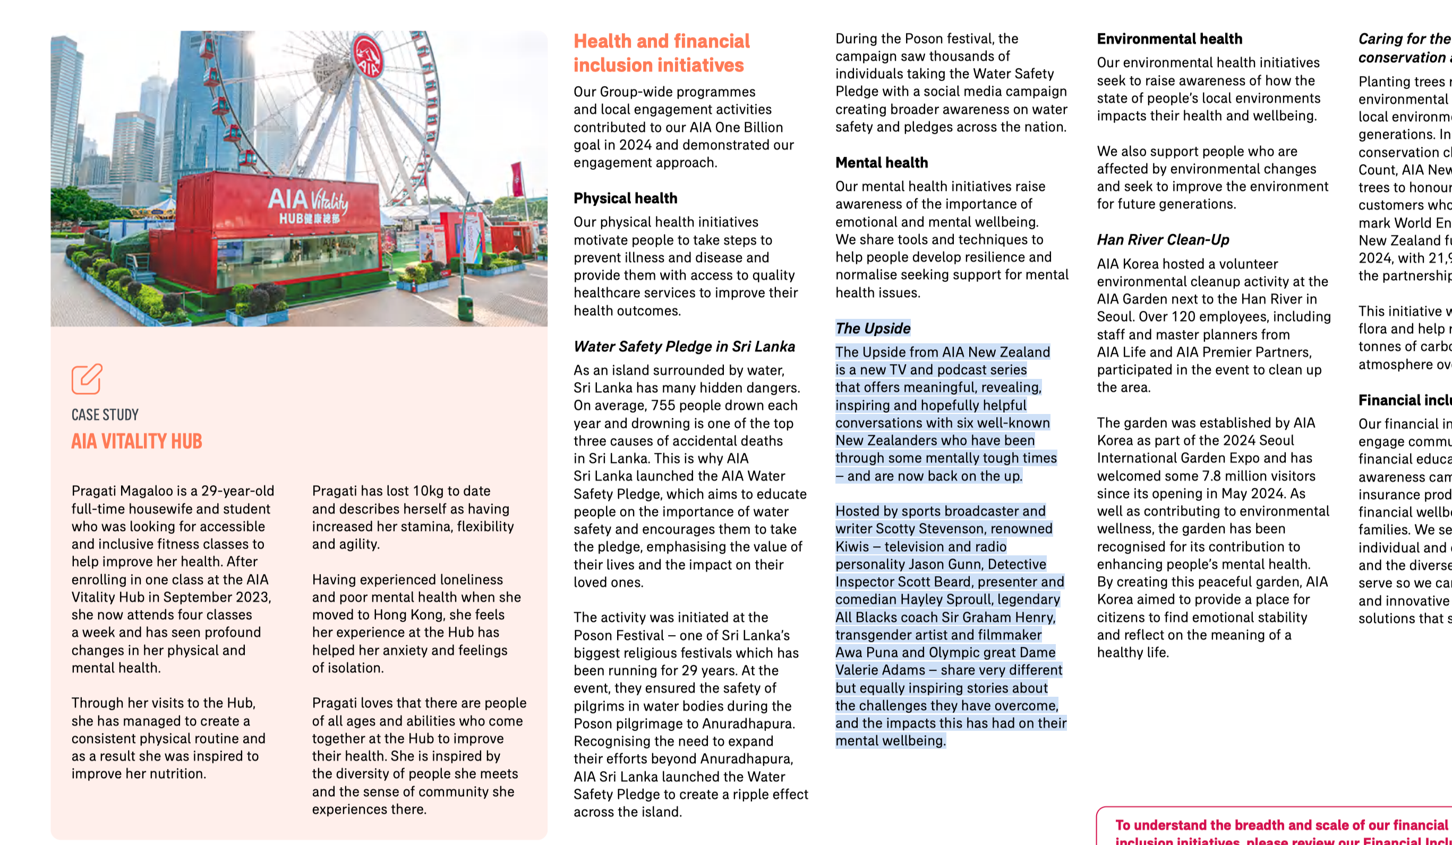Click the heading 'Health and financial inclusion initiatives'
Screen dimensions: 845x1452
point(661,53)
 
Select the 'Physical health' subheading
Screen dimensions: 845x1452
point(625,198)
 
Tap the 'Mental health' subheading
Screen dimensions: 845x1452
point(881,163)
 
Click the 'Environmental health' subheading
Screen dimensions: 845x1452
point(1169,39)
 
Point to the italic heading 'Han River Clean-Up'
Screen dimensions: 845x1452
point(1163,240)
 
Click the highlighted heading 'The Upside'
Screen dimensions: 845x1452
point(873,328)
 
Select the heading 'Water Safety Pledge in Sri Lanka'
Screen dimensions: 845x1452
point(684,347)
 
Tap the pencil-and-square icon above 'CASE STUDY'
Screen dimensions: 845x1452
point(87,379)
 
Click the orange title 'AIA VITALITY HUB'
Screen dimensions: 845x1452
point(136,442)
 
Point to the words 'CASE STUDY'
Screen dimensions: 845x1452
point(105,415)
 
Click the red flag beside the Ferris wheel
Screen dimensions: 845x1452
point(516,179)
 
